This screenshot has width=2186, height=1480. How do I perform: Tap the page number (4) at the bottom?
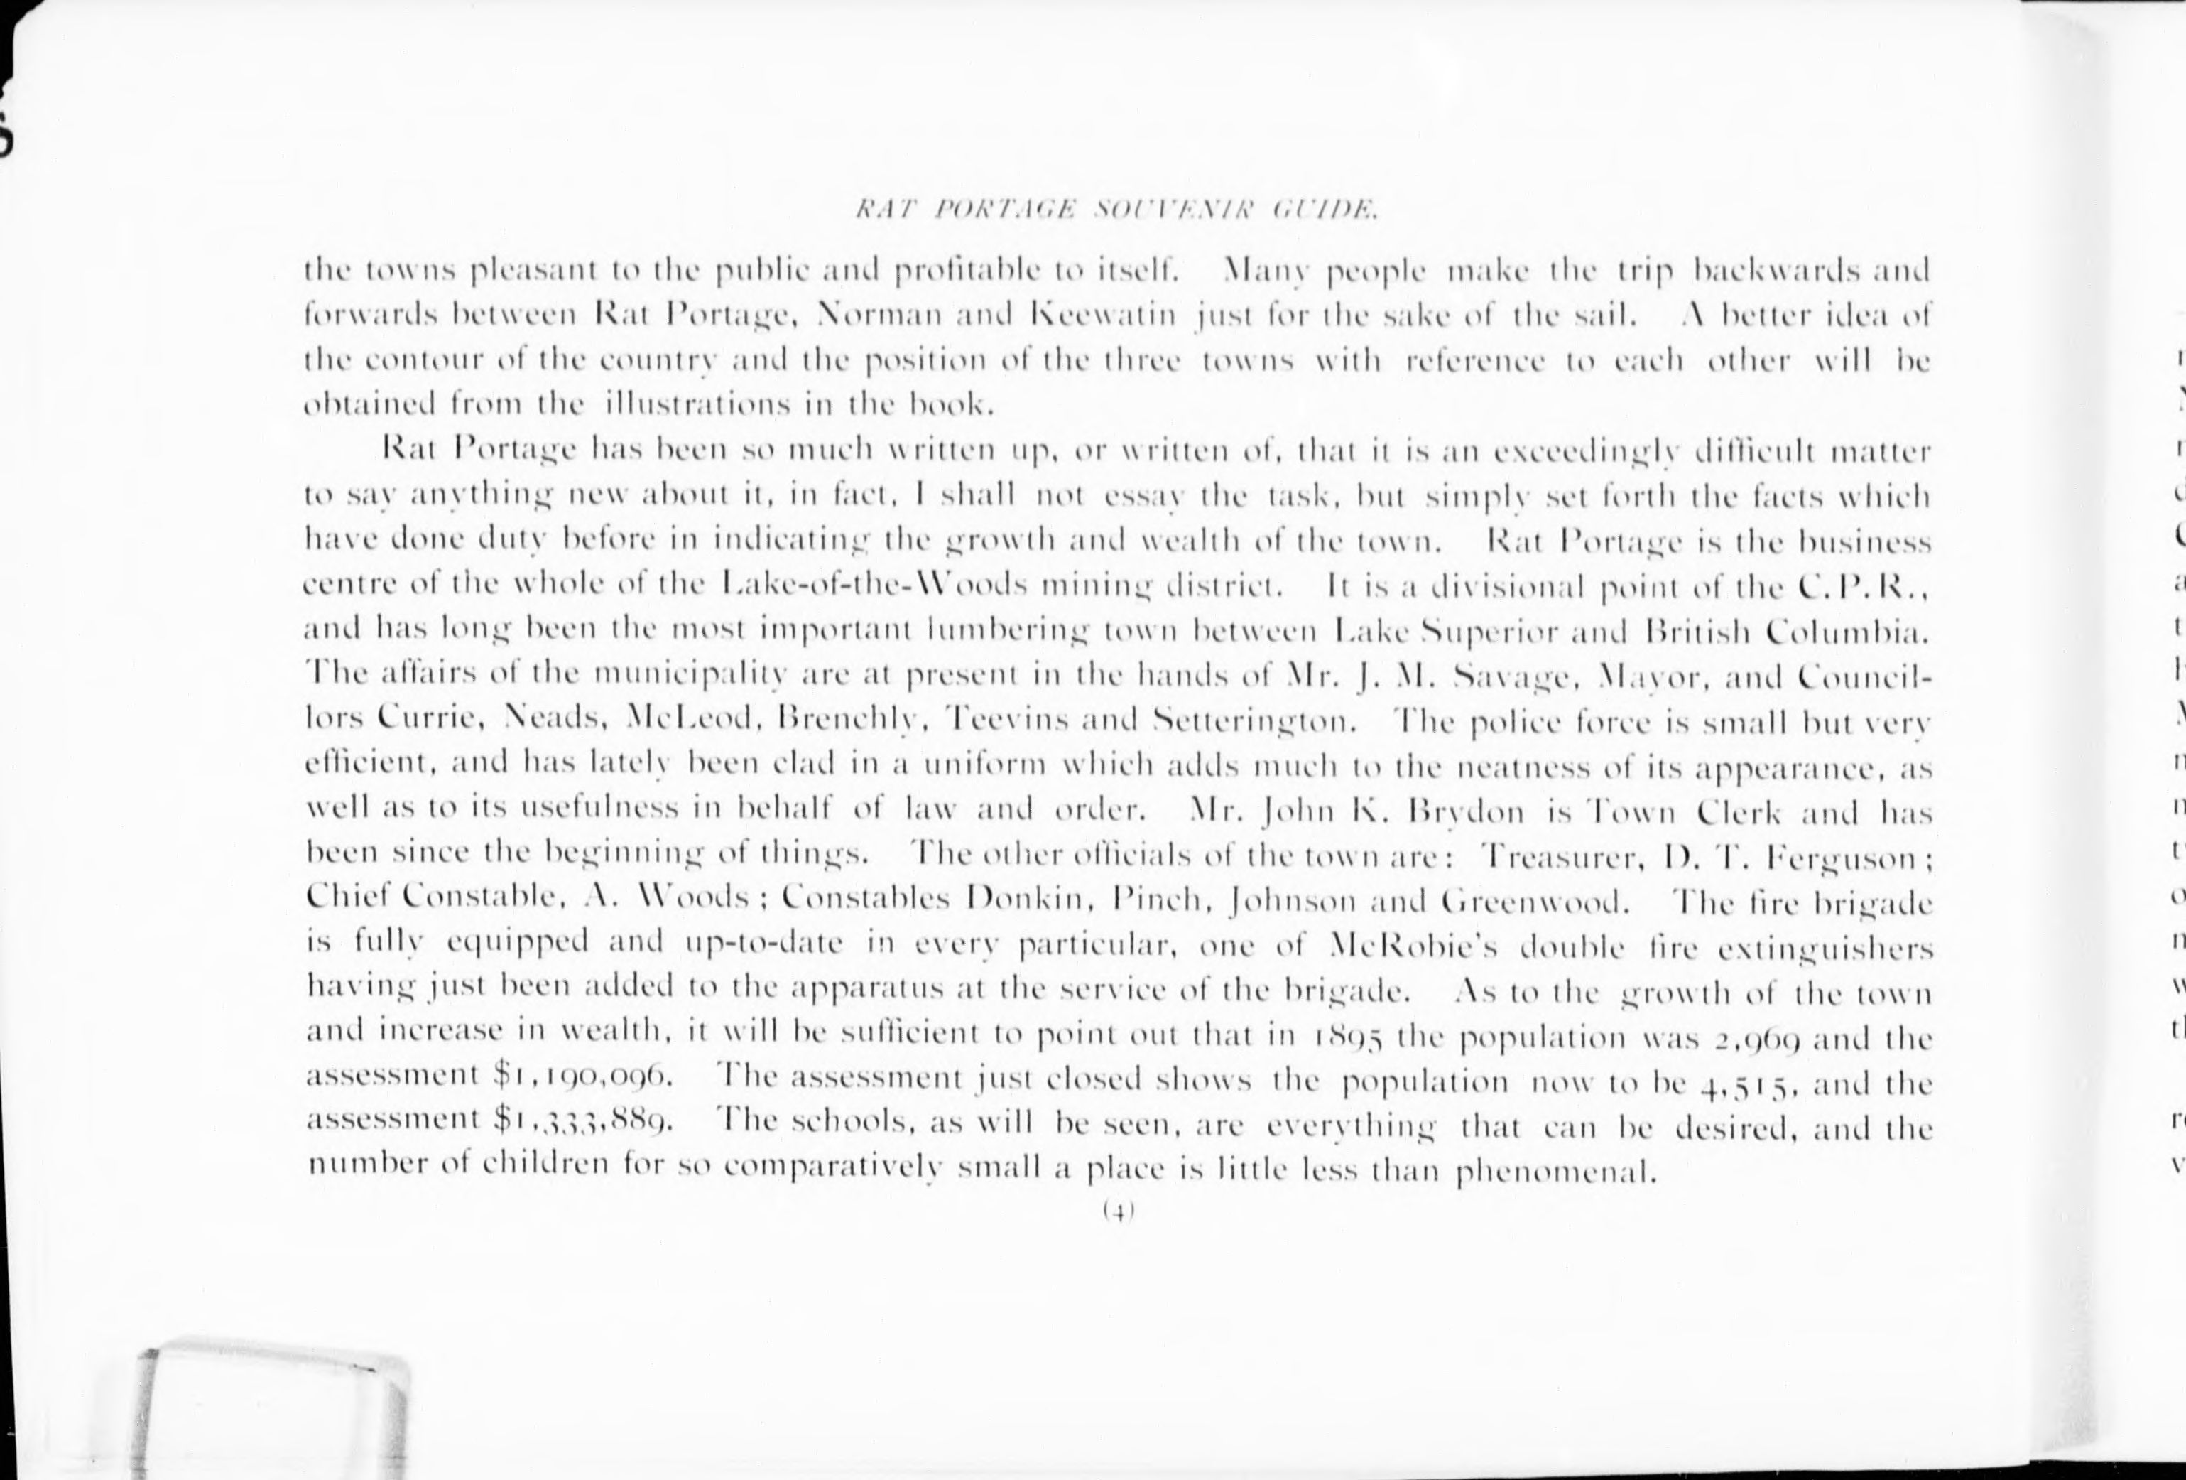[1119, 1213]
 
